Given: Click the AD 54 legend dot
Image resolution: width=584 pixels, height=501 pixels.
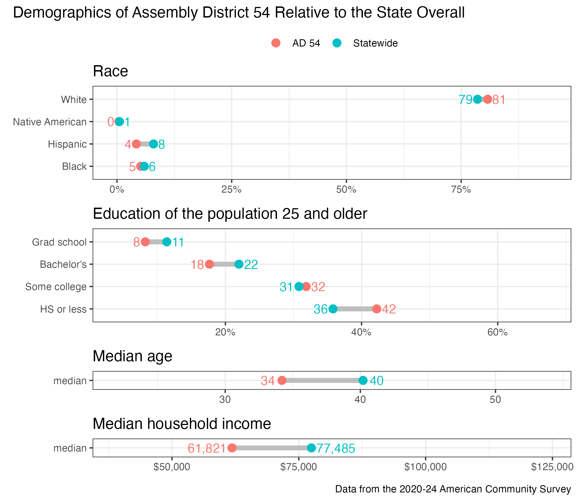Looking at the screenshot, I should coord(276,43).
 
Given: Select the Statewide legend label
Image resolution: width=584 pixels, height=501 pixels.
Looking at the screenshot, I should coord(375,43).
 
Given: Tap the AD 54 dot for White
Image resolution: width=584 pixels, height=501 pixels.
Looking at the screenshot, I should coord(488,99).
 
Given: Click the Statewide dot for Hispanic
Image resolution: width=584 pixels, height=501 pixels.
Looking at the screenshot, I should coord(153,144).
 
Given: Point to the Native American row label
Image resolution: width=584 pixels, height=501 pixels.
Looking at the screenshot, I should coord(50,122).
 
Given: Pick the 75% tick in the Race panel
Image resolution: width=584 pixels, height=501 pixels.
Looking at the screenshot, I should coord(461,190).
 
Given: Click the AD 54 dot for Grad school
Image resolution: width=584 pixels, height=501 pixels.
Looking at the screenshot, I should coord(145,242).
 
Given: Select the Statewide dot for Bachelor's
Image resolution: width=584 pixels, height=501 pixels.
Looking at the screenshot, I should coord(239,264).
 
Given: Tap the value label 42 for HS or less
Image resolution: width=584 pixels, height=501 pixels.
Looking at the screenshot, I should coord(389,309).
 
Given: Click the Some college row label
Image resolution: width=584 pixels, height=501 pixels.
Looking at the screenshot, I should coord(56,287).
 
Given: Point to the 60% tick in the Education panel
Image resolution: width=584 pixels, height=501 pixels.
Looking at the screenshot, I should coord(498,332).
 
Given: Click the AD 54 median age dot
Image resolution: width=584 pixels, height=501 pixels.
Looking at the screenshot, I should coord(282,380).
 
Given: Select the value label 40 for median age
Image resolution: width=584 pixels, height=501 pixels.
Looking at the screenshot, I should coord(377,381).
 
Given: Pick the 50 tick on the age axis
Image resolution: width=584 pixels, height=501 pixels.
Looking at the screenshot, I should coord(495,400).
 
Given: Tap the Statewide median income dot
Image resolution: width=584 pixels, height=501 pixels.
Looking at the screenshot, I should coord(311,448).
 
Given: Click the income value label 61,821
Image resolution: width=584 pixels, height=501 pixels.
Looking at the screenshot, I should coord(207,448).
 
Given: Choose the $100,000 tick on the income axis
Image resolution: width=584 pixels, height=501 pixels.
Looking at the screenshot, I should coord(425,467).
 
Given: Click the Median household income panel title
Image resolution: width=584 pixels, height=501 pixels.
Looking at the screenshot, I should coord(182,424).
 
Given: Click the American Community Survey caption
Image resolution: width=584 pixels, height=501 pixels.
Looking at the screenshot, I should coord(453,489).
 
